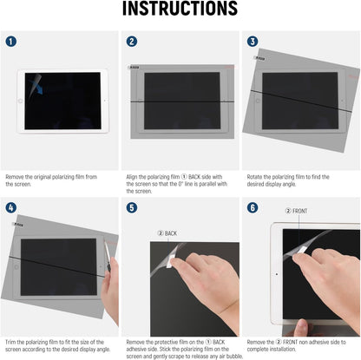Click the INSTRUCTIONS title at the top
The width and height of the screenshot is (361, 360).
[x=180, y=10]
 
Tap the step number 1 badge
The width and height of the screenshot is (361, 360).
[x=10, y=41]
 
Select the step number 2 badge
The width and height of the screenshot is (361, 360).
[x=131, y=41]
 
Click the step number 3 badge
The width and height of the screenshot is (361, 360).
[x=253, y=41]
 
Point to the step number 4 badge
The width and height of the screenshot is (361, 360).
[x=10, y=208]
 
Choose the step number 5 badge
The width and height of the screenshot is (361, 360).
[x=131, y=208]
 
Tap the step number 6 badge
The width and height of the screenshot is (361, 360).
[x=253, y=208]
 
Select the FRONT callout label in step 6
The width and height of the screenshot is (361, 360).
[x=298, y=211]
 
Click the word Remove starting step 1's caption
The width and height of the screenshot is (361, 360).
[x=16, y=176]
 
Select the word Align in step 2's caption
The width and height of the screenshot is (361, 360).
[x=135, y=176]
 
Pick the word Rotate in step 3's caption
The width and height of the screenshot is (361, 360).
[x=257, y=176]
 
